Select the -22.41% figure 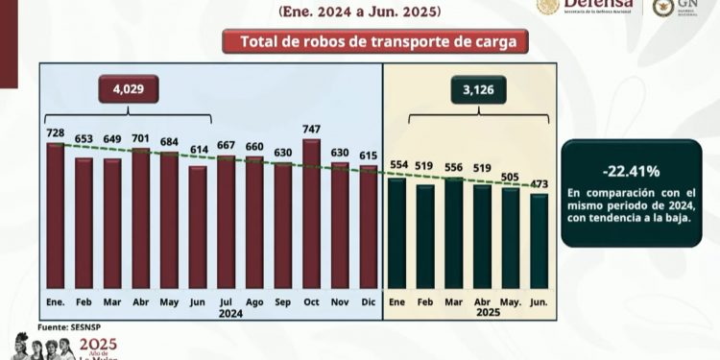pos(631,172)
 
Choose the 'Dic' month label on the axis pos(367,302)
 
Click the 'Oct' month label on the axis pos(310,302)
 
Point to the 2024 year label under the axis pos(229,314)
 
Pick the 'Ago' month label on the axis pos(254,302)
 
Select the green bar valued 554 pos(396,232)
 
